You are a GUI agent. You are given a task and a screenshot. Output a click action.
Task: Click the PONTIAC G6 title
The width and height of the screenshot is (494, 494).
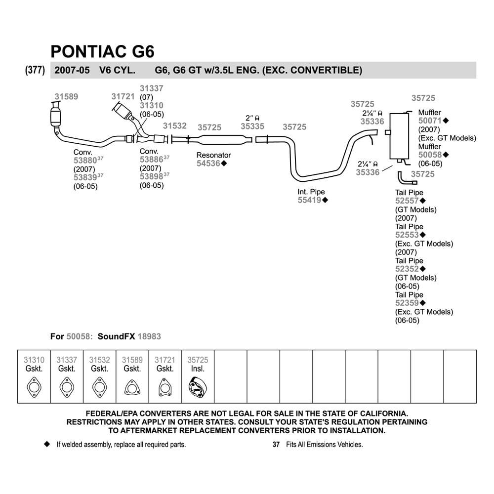tap(102, 51)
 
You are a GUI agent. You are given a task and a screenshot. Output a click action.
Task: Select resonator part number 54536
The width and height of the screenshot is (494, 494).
tap(208, 163)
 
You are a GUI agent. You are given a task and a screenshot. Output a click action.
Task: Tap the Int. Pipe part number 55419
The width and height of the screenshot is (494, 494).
tap(309, 200)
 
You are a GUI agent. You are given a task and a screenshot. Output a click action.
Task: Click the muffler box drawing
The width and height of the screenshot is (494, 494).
tap(399, 136)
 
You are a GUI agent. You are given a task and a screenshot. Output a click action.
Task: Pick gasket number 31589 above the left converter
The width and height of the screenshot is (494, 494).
tap(66, 96)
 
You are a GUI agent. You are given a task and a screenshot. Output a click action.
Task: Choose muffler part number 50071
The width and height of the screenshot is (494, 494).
tap(430, 121)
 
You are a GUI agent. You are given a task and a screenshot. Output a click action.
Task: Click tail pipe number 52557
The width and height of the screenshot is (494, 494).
tap(407, 201)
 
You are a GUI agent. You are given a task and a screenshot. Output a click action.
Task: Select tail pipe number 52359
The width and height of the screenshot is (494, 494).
tap(407, 303)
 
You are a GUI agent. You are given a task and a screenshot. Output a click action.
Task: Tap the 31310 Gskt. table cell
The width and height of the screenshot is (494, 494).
tap(34, 376)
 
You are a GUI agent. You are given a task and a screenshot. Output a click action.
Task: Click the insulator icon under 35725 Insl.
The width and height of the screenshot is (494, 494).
tap(198, 387)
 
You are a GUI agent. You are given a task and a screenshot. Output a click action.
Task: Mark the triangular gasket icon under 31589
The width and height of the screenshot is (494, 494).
tap(132, 387)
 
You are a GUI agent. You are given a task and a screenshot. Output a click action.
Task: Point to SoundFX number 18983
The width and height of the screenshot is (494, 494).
tap(149, 336)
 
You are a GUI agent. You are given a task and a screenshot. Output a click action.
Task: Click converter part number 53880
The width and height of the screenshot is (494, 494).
tap(85, 161)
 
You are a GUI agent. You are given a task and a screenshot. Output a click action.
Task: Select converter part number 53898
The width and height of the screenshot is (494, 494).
tap(151, 176)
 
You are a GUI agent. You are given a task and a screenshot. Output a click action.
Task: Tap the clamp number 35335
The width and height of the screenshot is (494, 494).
tap(252, 126)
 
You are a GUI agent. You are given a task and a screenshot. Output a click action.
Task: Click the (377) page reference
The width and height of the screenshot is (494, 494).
tap(35, 70)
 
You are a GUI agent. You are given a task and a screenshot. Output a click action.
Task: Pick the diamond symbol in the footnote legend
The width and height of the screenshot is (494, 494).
tap(47, 444)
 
